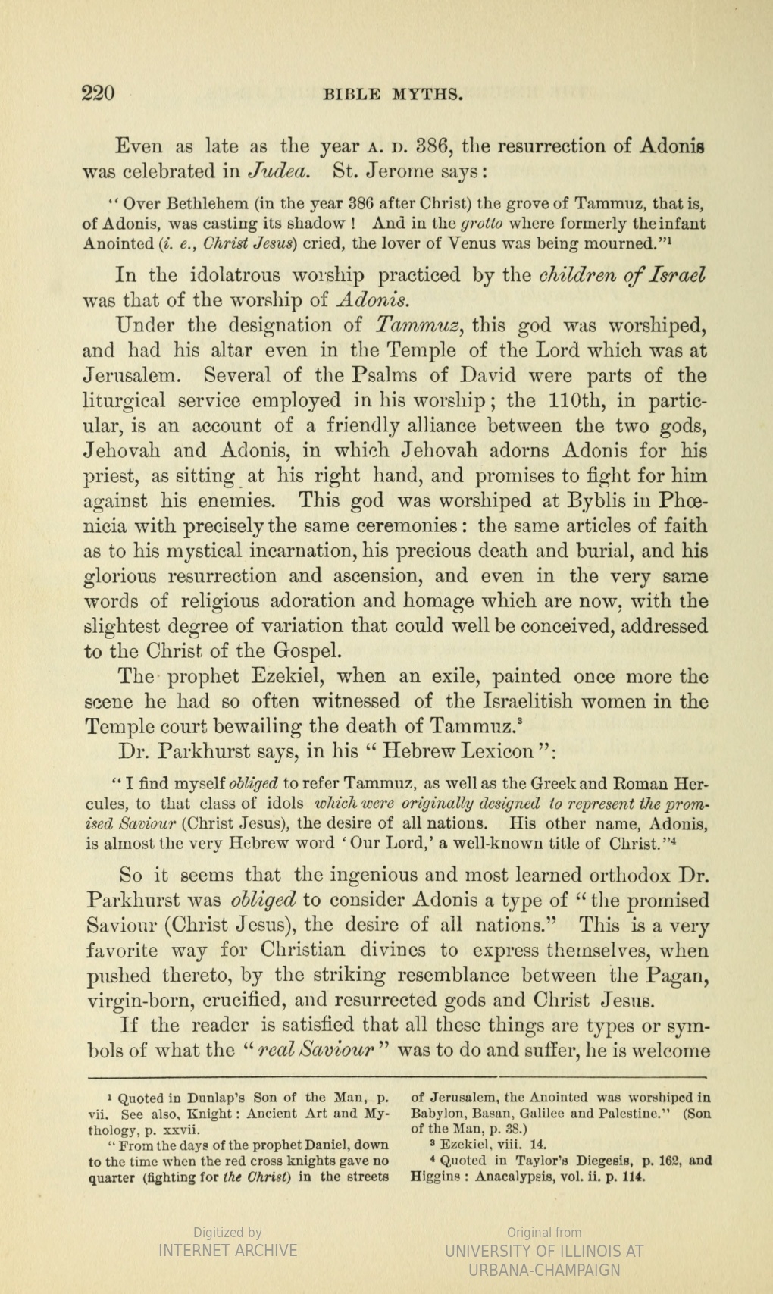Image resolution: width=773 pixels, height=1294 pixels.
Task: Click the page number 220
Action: [x=98, y=94]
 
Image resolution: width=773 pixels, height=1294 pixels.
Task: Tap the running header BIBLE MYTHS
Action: [x=393, y=95]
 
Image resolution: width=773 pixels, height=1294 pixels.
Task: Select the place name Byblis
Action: [x=606, y=500]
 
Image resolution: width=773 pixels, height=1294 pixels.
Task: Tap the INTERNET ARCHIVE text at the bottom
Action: [x=227, y=1250]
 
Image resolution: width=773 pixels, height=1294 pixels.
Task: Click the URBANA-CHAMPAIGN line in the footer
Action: [x=544, y=1270]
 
